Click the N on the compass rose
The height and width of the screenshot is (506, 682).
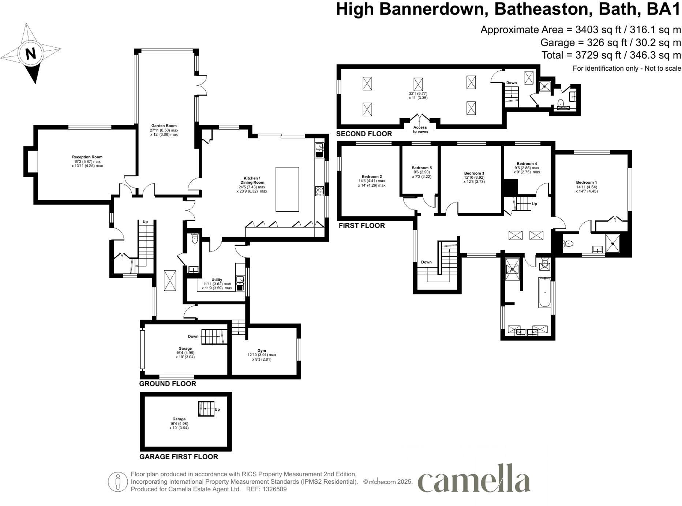[x=31, y=54]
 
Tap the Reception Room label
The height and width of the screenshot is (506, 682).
[x=87, y=157]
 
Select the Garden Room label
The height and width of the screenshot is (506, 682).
[x=164, y=126]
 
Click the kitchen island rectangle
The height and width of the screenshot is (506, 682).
[x=287, y=189]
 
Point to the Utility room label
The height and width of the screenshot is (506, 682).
[x=217, y=280]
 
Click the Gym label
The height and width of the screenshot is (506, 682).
[x=262, y=350]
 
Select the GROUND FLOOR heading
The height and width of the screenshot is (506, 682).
[x=168, y=384]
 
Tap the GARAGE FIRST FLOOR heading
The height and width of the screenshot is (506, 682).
[x=179, y=457]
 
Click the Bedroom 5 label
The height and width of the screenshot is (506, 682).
[x=421, y=168]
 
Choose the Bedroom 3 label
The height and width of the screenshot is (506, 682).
[x=474, y=173]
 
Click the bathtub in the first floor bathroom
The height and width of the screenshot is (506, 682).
[x=545, y=292]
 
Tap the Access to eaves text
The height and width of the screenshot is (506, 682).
[x=420, y=130]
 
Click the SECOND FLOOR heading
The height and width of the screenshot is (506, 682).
[x=364, y=134]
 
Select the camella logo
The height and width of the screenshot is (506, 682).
[x=474, y=479]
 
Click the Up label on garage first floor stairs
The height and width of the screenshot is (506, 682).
[x=217, y=409]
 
